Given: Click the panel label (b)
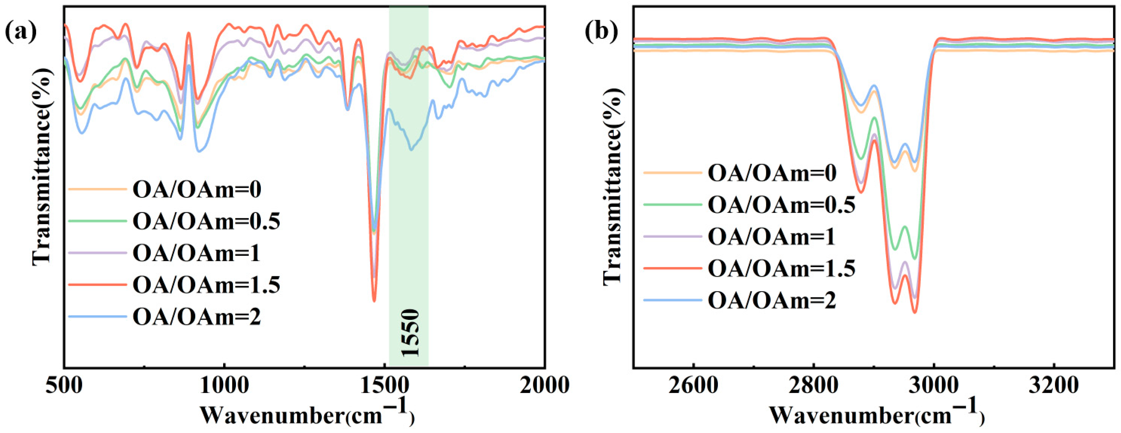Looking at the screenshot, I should pyautogui.click(x=601, y=32).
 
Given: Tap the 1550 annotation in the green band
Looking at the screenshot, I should pyautogui.click(x=410, y=333).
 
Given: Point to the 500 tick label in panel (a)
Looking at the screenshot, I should pyautogui.click(x=64, y=385).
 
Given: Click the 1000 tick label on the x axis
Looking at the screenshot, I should pyautogui.click(x=224, y=385).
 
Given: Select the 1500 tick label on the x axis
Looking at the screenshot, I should pyautogui.click(x=385, y=385).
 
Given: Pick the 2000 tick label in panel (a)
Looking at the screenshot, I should pyautogui.click(x=544, y=385).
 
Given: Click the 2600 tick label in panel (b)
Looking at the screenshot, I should pyautogui.click(x=693, y=385).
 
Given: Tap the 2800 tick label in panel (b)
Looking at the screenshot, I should pyautogui.click(x=813, y=385).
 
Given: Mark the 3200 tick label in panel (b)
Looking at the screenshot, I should pyautogui.click(x=1054, y=385).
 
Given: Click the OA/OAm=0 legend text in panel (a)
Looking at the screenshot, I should pyautogui.click(x=197, y=190).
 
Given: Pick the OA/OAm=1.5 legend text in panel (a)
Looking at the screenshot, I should pyautogui.click(x=206, y=285).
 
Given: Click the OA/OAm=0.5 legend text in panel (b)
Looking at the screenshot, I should pyautogui.click(x=782, y=205).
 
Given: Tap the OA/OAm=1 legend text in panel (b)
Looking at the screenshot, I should pyautogui.click(x=771, y=237).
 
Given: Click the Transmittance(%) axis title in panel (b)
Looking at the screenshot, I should pyautogui.click(x=612, y=187).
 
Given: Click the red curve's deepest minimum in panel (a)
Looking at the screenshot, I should pyautogui.click(x=374, y=300).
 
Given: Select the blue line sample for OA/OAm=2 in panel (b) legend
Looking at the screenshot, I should pyautogui.click(x=672, y=300).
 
